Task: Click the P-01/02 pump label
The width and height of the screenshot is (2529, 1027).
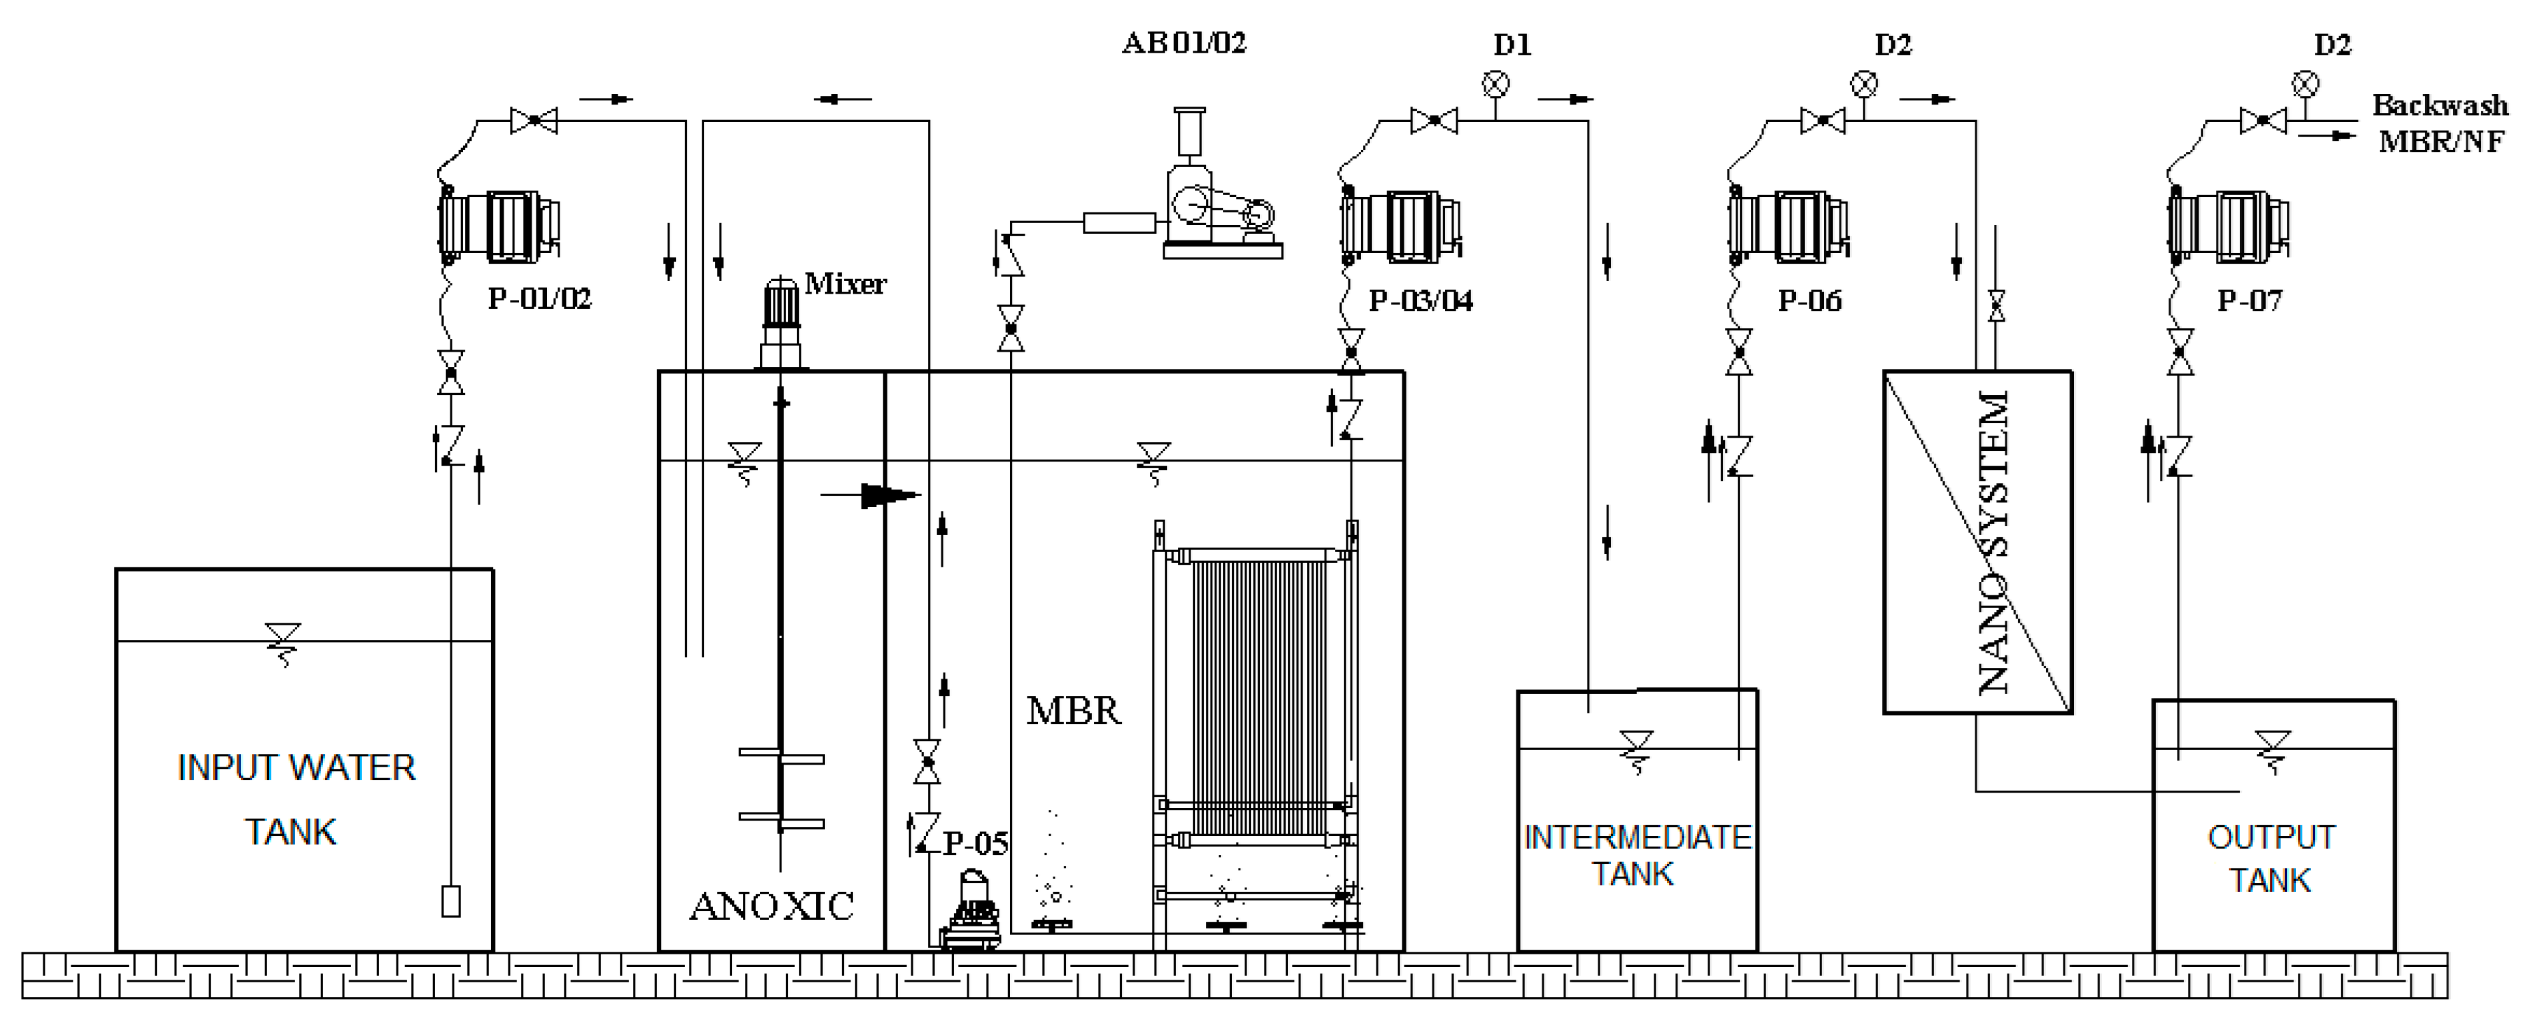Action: tap(540, 298)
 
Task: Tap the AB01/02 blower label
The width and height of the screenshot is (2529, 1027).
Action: tap(1184, 43)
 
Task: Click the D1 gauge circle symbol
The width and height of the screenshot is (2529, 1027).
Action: tap(1494, 85)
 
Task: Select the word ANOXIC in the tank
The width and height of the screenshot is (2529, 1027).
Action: tap(771, 905)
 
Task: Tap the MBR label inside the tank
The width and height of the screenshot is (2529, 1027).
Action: tap(1073, 710)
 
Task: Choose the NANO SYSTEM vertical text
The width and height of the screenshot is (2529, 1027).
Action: tap(1993, 542)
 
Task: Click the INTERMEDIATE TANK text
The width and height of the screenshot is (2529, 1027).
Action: tap(1636, 855)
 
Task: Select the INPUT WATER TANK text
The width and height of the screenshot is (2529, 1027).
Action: tap(294, 799)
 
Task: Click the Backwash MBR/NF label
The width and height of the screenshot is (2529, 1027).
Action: tap(2440, 123)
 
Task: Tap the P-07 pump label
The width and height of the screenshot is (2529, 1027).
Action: tap(2249, 300)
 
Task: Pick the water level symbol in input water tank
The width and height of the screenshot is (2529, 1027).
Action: tap(282, 643)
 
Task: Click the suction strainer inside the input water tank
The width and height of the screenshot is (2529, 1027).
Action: tap(450, 901)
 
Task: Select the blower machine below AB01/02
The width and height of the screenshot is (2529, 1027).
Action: tap(1217, 196)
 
